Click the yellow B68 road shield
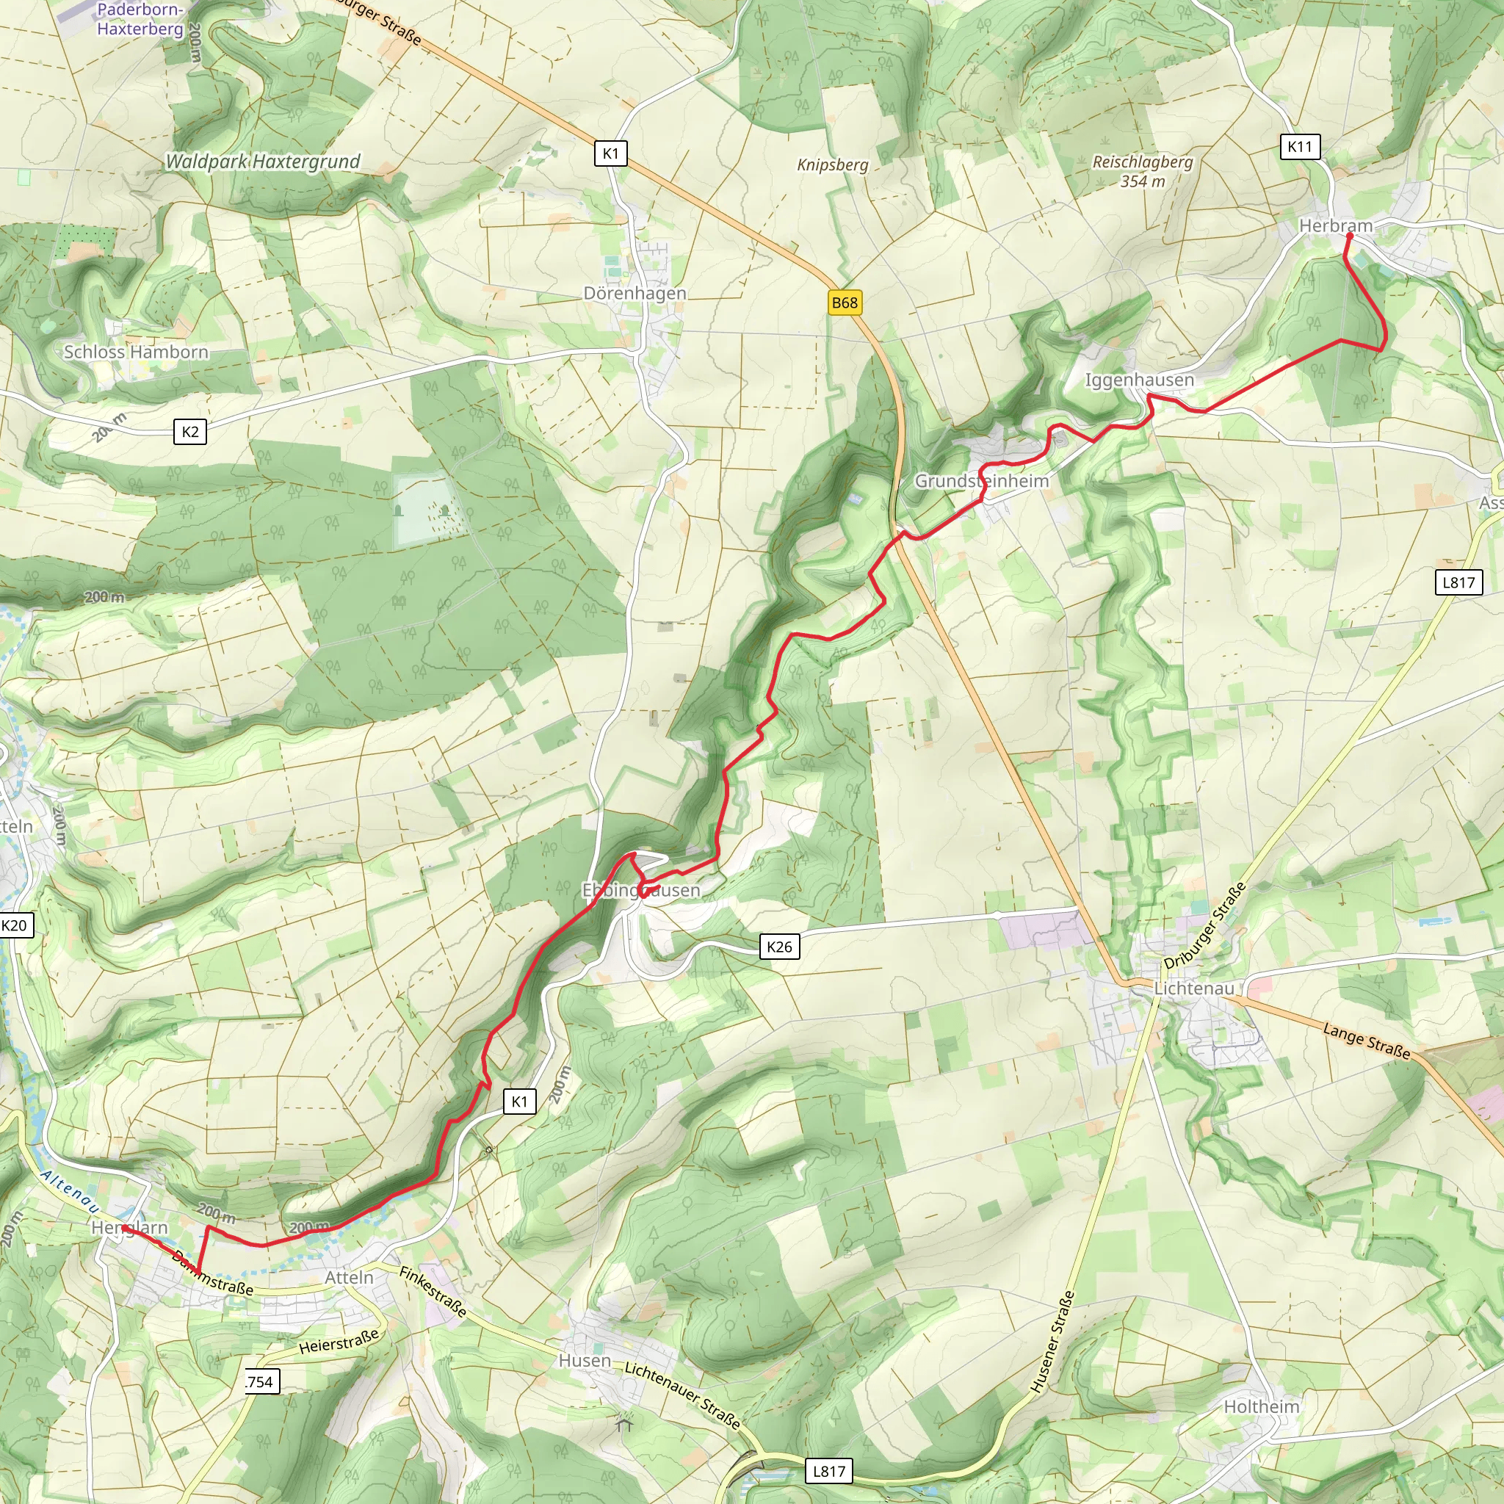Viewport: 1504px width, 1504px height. [845, 303]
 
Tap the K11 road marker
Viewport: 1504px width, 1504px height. [1299, 146]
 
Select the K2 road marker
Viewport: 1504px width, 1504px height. [190, 432]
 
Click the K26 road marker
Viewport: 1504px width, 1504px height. [779, 947]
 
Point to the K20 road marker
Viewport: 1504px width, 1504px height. [15, 925]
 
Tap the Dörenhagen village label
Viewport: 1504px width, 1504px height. [634, 294]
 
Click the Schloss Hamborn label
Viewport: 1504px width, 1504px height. [137, 352]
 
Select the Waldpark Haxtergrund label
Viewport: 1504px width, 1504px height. [263, 161]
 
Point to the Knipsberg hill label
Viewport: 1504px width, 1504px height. [832, 165]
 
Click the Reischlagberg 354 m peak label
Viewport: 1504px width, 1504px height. [1142, 171]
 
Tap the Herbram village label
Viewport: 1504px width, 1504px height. [1335, 225]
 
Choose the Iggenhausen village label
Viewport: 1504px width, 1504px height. [1139, 380]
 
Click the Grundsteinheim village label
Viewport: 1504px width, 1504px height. [981, 481]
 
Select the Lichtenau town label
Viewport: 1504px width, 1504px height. [1193, 988]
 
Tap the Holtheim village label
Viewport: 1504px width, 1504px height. [1261, 1406]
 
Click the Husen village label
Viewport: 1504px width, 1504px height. [585, 1360]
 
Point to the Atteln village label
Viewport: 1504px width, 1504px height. [349, 1278]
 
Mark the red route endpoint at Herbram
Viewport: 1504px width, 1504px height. [1349, 236]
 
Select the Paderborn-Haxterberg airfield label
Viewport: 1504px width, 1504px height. [140, 20]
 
